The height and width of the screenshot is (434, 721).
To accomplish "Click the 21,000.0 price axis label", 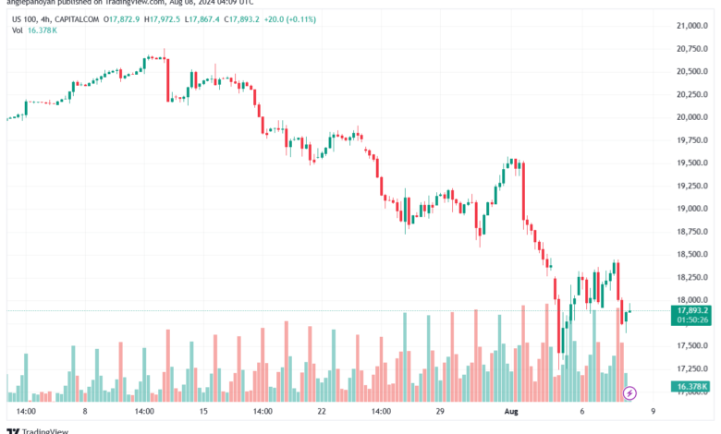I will coord(684,25).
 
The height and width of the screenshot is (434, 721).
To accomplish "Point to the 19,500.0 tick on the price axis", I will coord(684,163).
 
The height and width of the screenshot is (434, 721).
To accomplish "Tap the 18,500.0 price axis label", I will coord(684,254).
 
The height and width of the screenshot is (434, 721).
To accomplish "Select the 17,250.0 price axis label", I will coord(684,368).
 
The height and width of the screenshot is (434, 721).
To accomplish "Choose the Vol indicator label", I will coord(17,30).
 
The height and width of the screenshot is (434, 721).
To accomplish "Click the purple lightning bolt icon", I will coord(629,393).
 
